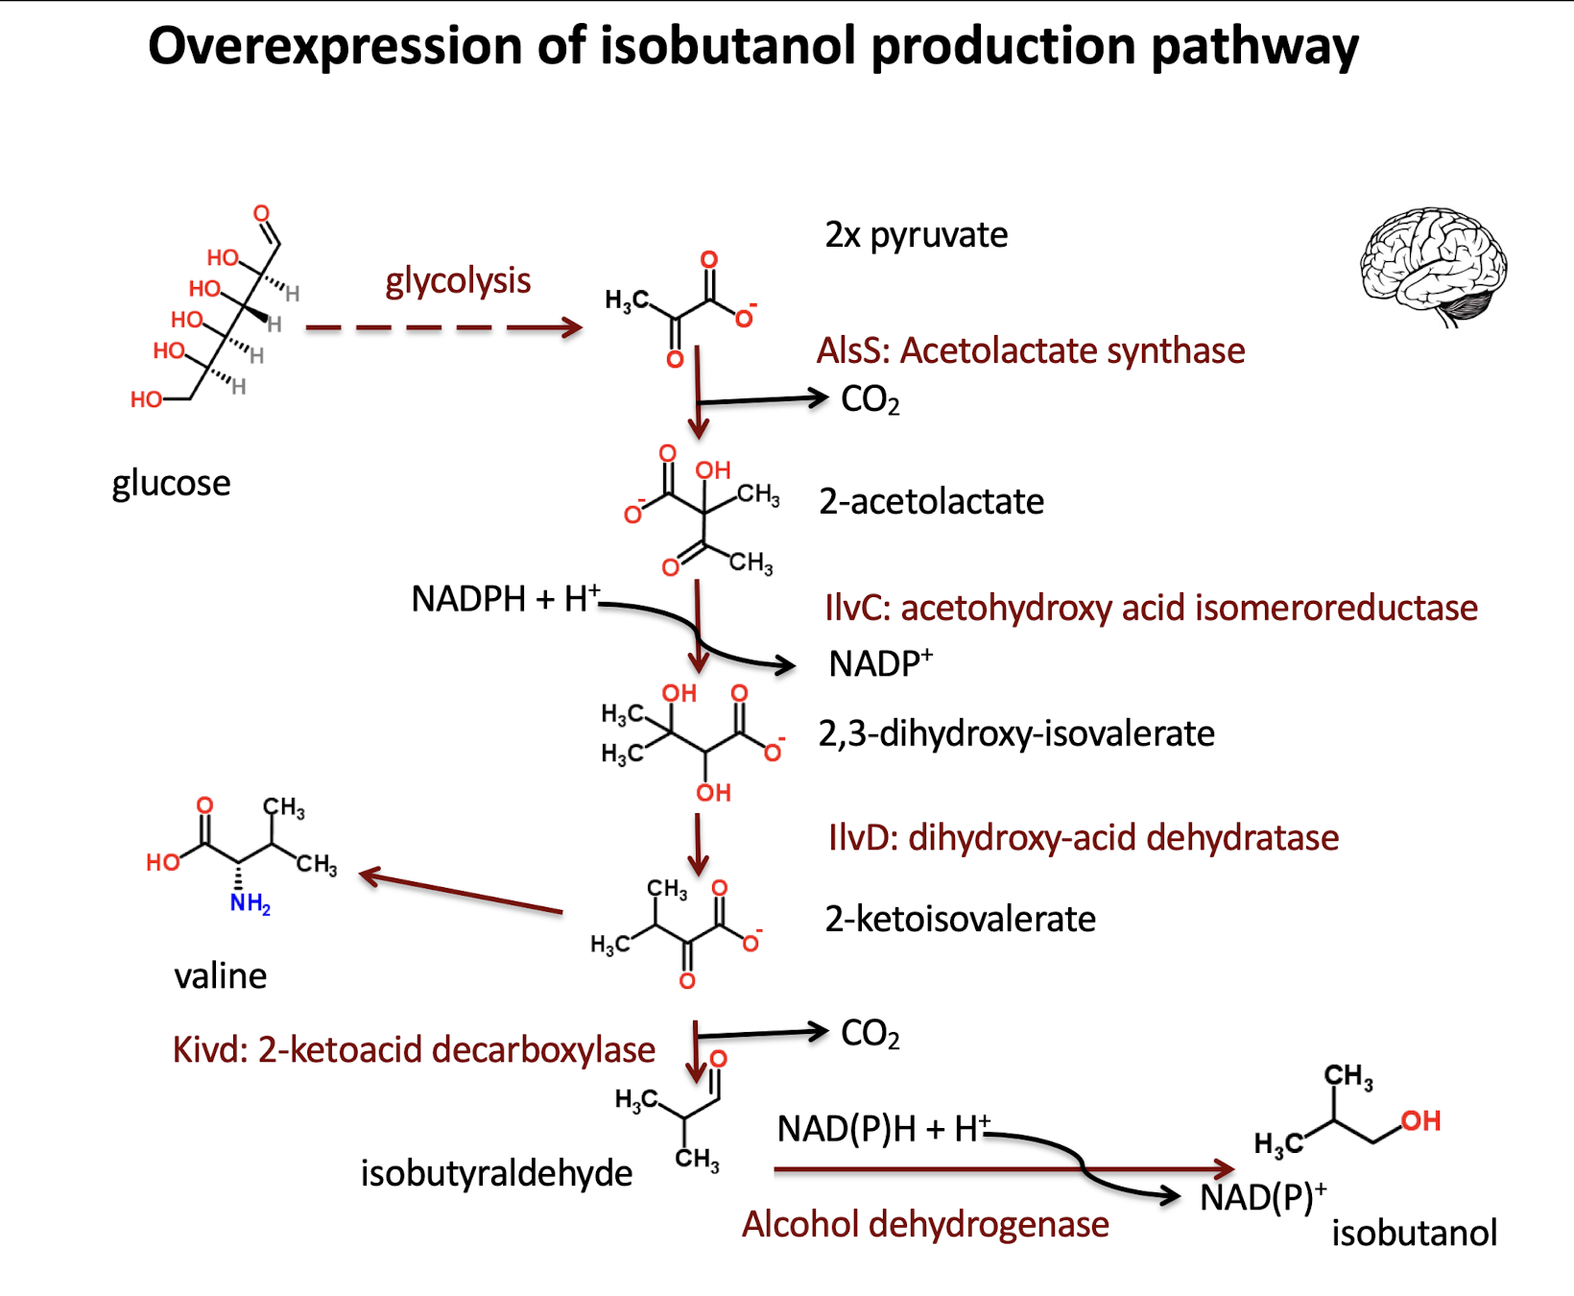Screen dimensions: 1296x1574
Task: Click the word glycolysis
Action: (x=458, y=281)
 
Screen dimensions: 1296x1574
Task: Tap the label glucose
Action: (x=171, y=483)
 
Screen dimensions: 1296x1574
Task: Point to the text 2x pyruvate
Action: (x=916, y=235)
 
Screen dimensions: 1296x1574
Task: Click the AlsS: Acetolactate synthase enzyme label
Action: (x=1030, y=351)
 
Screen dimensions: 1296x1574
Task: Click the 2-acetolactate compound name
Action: (x=931, y=502)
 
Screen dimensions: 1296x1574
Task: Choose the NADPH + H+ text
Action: (x=505, y=599)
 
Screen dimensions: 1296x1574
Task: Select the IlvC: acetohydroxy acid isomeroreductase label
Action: (x=1151, y=609)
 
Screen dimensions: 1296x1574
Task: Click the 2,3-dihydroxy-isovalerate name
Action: (x=1016, y=734)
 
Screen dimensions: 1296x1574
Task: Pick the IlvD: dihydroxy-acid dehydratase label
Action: (x=1083, y=838)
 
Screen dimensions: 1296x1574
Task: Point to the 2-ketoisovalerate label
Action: (x=960, y=920)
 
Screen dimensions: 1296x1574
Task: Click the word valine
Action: (x=220, y=976)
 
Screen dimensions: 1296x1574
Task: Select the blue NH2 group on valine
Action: (x=250, y=903)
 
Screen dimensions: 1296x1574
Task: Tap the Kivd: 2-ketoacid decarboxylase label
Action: (x=414, y=1050)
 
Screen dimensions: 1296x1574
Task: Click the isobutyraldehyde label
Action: (x=496, y=1174)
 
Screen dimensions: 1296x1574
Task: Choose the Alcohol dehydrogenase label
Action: (x=925, y=1225)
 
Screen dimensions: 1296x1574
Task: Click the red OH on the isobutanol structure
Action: (x=1420, y=1120)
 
